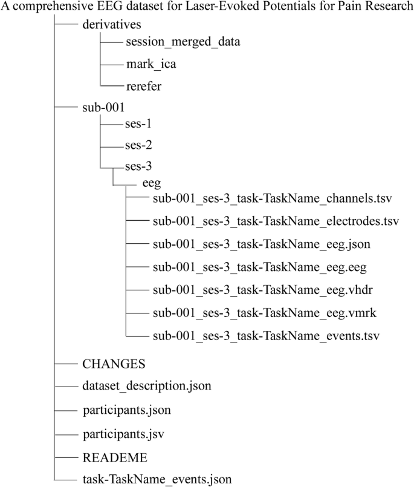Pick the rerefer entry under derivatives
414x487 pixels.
143,86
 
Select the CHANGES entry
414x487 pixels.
114,364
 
